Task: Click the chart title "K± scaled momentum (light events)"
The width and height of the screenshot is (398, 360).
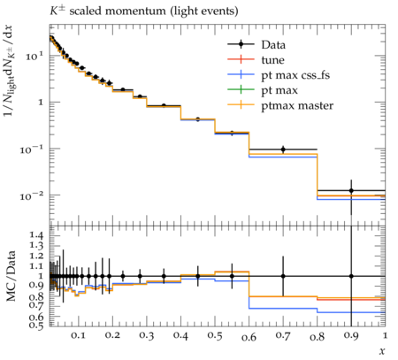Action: click(143, 11)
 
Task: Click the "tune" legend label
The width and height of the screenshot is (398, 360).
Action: click(272, 60)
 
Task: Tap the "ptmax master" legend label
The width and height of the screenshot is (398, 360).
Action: click(297, 105)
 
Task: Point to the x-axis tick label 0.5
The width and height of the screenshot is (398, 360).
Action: click(215, 336)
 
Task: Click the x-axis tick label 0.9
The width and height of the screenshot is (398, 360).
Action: click(351, 336)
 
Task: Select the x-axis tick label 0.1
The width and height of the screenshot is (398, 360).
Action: click(78, 336)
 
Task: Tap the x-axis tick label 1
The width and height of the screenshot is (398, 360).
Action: click(385, 335)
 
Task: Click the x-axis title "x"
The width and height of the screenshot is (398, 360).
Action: click(382, 351)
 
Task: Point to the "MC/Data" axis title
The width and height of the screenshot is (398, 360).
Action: click(11, 276)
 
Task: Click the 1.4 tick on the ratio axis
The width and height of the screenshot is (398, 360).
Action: click(36, 235)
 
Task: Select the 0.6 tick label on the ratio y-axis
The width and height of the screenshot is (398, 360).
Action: click(36, 318)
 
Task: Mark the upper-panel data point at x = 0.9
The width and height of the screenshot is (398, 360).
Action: click(351, 191)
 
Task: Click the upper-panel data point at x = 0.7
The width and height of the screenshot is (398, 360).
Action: click(283, 149)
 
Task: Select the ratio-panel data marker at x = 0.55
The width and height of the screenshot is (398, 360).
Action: click(232, 276)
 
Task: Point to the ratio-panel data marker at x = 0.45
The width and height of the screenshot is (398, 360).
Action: click(198, 276)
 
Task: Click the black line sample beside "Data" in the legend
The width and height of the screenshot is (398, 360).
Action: click(241, 44)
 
